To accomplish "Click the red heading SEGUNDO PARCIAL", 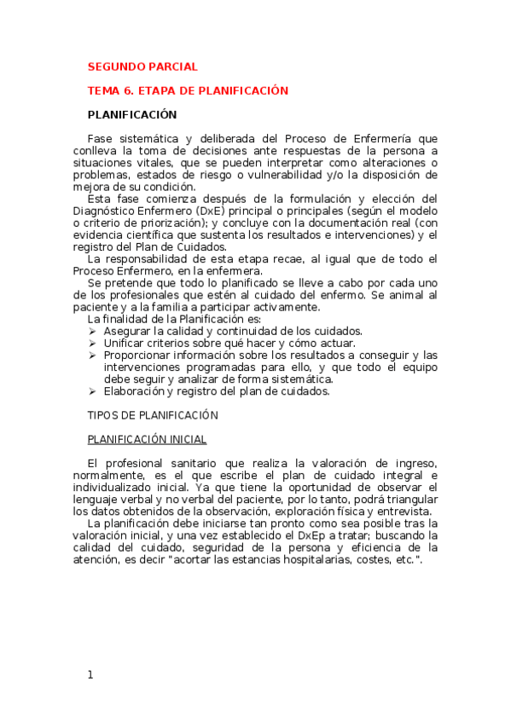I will click(x=142, y=67).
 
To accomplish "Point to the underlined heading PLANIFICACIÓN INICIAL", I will click(x=147, y=439).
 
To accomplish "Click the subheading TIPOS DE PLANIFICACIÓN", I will click(x=153, y=415).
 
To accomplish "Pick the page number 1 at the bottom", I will click(x=90, y=674).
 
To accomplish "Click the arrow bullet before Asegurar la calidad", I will click(x=93, y=331).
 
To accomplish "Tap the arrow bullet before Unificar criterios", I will click(x=93, y=343).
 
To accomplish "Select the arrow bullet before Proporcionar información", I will click(x=93, y=355).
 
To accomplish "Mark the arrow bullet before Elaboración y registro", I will click(x=93, y=391).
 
